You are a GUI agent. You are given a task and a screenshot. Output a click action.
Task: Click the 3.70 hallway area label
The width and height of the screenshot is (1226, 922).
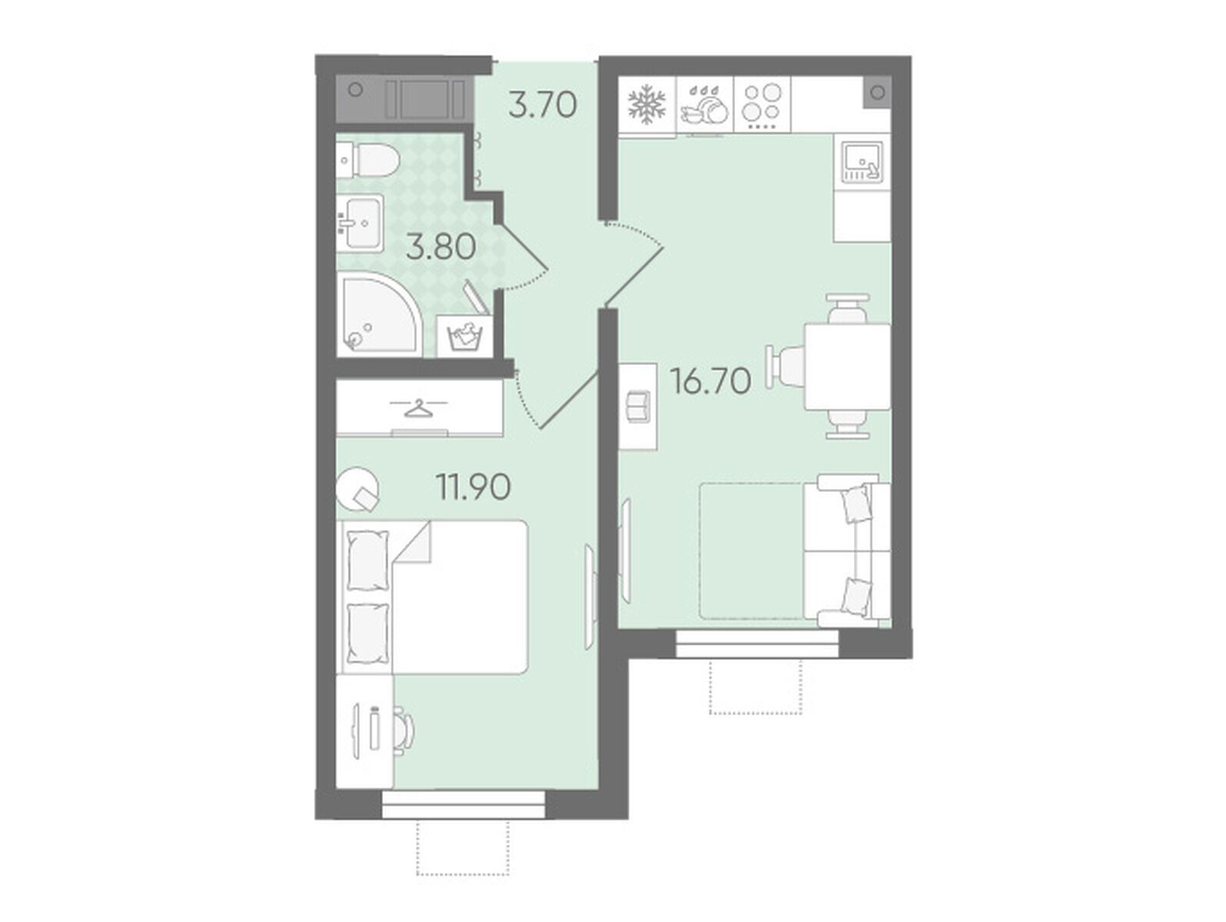542,105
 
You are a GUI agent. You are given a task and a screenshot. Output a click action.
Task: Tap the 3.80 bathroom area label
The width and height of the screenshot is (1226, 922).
441,247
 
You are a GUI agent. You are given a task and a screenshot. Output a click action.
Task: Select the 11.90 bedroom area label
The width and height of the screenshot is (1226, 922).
473,486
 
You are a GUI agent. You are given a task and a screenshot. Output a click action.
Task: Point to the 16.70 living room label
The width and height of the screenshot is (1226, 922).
711,381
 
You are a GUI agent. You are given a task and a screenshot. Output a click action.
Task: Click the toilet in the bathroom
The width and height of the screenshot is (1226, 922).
369,160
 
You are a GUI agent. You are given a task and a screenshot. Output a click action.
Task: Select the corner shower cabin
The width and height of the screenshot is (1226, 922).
380,314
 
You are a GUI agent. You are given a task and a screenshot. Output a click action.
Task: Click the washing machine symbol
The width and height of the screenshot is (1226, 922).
464,336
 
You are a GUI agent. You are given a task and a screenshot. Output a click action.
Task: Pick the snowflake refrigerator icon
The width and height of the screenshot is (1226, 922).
646,105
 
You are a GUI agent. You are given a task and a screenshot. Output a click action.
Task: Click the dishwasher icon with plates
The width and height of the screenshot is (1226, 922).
705,105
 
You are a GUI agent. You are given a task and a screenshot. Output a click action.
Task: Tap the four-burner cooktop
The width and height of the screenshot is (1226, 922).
762,105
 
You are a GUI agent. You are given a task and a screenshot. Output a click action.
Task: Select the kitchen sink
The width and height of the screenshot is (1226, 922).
862,161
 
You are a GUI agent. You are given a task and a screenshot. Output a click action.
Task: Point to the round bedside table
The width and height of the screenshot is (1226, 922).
357,489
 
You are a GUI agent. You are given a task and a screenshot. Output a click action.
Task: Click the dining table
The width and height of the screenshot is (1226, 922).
847,366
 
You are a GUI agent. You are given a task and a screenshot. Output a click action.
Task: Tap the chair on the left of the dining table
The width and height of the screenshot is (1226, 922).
785,366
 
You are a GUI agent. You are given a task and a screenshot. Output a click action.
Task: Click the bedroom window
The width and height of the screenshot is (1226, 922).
463,804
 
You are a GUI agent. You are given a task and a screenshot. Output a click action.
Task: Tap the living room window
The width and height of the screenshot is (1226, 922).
757,644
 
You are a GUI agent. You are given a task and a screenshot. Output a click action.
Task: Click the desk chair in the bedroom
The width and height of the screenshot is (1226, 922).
404,731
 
